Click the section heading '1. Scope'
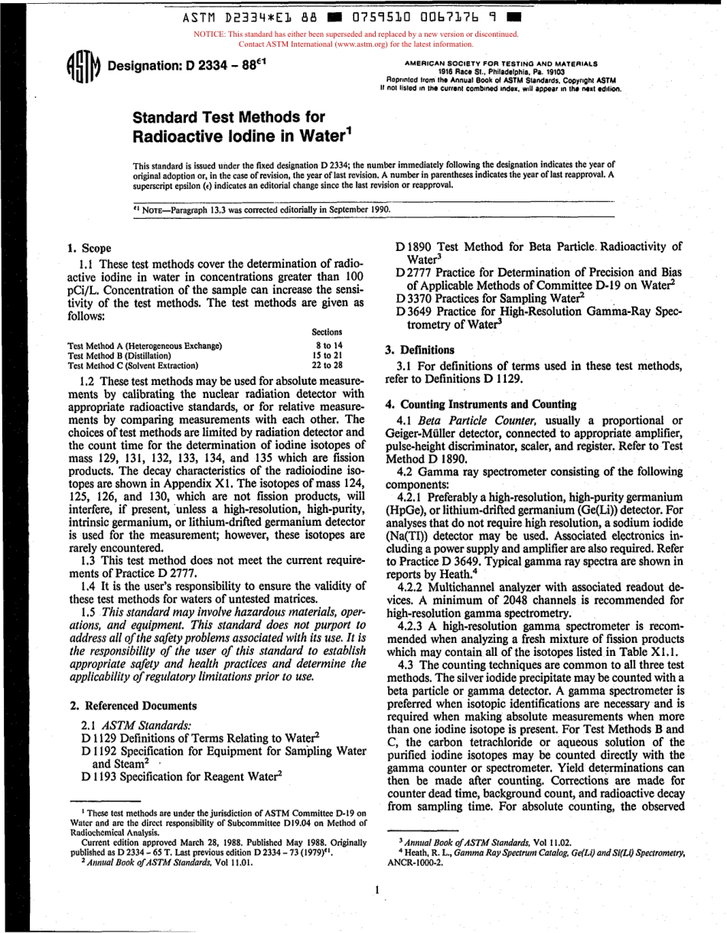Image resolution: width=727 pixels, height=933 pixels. (x=90, y=248)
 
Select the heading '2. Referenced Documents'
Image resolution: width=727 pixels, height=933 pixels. (x=132, y=706)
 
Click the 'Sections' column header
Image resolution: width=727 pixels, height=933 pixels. (x=327, y=332)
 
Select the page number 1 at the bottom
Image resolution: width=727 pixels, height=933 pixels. (x=368, y=891)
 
